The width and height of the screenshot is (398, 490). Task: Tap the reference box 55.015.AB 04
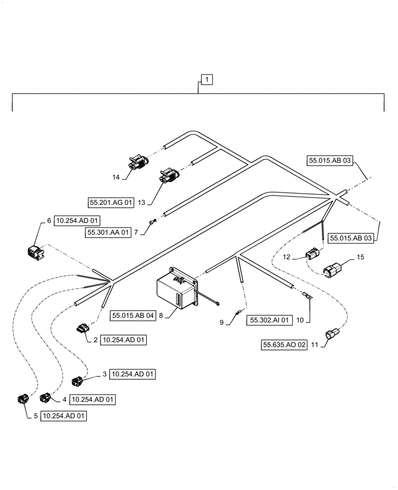click(132, 316)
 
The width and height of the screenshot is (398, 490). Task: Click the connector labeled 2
click(82, 328)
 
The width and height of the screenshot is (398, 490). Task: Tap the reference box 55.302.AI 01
click(271, 320)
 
